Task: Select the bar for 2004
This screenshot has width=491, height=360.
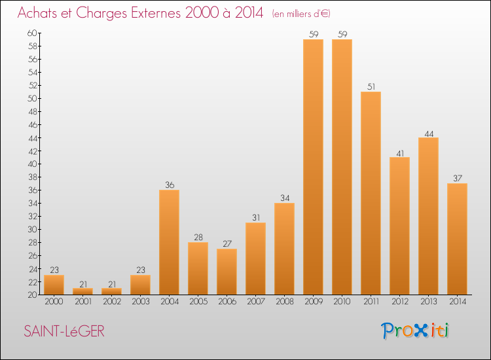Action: tap(170, 242)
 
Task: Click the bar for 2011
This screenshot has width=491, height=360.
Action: tap(371, 193)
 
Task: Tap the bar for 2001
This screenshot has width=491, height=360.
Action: tap(83, 291)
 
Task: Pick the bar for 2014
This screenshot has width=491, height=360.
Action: tap(458, 239)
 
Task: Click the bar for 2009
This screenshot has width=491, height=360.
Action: tap(314, 167)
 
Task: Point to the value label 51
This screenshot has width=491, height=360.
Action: tap(371, 86)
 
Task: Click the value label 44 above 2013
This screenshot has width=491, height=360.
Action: tap(429, 134)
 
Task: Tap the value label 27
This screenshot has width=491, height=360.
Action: tap(227, 244)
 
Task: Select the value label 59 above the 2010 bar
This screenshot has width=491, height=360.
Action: tap(342, 35)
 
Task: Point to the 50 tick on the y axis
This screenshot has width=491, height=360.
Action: tap(33, 99)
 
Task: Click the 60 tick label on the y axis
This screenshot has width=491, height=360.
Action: tap(32, 33)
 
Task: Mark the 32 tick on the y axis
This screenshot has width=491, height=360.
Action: tap(33, 217)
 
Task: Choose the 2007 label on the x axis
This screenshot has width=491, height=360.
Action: tap(256, 302)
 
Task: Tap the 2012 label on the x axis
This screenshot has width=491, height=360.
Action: tap(400, 302)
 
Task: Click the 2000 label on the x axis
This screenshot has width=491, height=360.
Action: tap(54, 302)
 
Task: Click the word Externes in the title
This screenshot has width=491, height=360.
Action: tap(156, 13)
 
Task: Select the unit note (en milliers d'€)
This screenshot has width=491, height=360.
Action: tap(301, 14)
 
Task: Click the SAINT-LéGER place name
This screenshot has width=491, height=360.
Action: tap(64, 331)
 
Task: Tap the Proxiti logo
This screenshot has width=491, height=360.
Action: tap(415, 331)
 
